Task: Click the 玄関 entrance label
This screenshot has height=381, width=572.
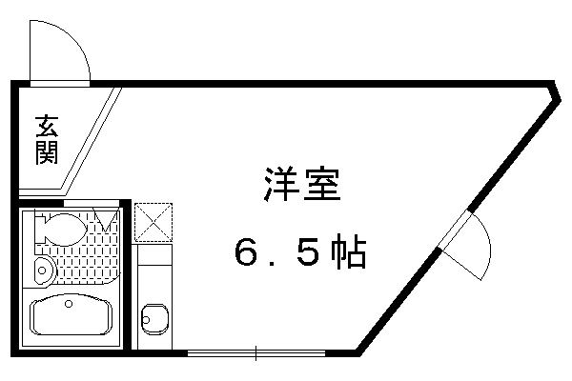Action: pyautogui.click(x=47, y=140)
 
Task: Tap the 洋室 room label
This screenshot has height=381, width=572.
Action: pyautogui.click(x=302, y=185)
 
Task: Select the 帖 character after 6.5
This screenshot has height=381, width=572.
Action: pyautogui.click(x=349, y=251)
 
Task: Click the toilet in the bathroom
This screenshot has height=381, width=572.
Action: pyautogui.click(x=61, y=229)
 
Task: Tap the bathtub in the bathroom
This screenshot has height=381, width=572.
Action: pyautogui.click(x=71, y=315)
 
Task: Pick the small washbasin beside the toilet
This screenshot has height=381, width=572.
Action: pyautogui.click(x=45, y=271)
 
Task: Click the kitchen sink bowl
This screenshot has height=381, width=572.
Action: pyautogui.click(x=155, y=319)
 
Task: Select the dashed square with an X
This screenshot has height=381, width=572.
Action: pyautogui.click(x=153, y=222)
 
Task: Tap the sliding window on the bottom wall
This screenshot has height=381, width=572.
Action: pyautogui.click(x=256, y=353)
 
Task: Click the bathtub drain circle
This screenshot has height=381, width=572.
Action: pyautogui.click(x=69, y=303)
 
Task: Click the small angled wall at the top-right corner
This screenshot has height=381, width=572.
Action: pyautogui.click(x=558, y=91)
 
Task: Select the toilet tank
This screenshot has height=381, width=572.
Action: pyautogui.click(x=39, y=229)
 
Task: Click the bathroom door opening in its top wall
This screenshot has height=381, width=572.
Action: pyautogui.click(x=92, y=203)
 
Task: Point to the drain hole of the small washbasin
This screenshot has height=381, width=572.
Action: pyautogui.click(x=42, y=271)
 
